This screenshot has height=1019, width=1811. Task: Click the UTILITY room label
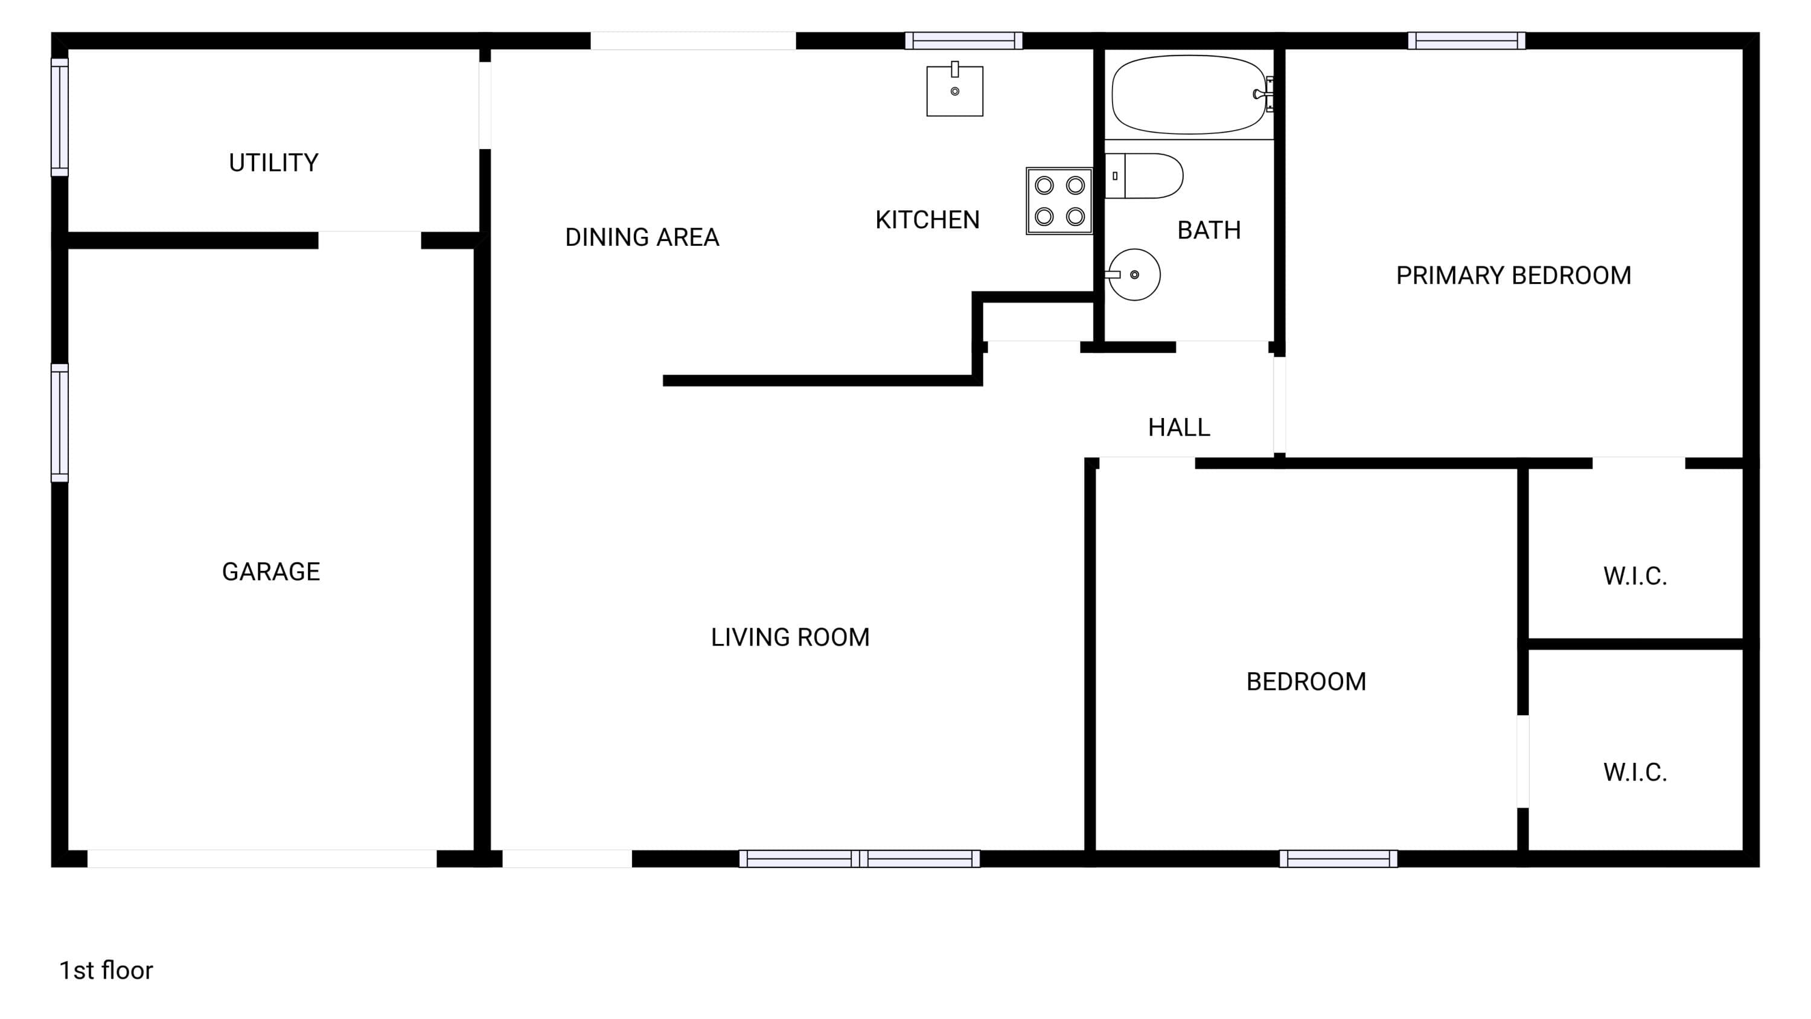coord(273,163)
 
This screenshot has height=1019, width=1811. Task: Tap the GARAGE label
coord(272,572)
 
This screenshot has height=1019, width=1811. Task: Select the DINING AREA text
coord(642,238)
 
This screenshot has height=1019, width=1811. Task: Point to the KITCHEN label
coord(927,220)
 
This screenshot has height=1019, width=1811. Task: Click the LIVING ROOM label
coord(790,638)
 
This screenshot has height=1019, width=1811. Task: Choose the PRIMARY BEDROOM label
coord(1513,275)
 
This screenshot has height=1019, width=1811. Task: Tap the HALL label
coord(1179,428)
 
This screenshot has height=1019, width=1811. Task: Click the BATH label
coord(1209,231)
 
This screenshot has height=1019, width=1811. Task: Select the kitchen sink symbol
coord(955,89)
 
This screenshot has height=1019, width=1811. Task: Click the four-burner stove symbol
coord(1059,201)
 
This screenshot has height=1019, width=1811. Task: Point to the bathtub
coord(1191,94)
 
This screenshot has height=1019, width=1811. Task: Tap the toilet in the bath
coord(1144,176)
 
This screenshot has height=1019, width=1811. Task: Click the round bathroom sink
coord(1133,275)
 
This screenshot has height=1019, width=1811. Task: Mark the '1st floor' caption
coord(106,971)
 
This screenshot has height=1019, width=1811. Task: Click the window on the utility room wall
coord(60,117)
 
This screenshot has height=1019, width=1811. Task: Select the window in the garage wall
coord(60,423)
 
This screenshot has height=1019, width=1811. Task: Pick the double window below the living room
coord(859,859)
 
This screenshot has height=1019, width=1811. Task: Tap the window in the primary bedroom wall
coord(1466,41)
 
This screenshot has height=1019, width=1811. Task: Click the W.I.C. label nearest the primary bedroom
coord(1635,577)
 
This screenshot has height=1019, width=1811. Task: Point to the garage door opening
coord(261,859)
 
